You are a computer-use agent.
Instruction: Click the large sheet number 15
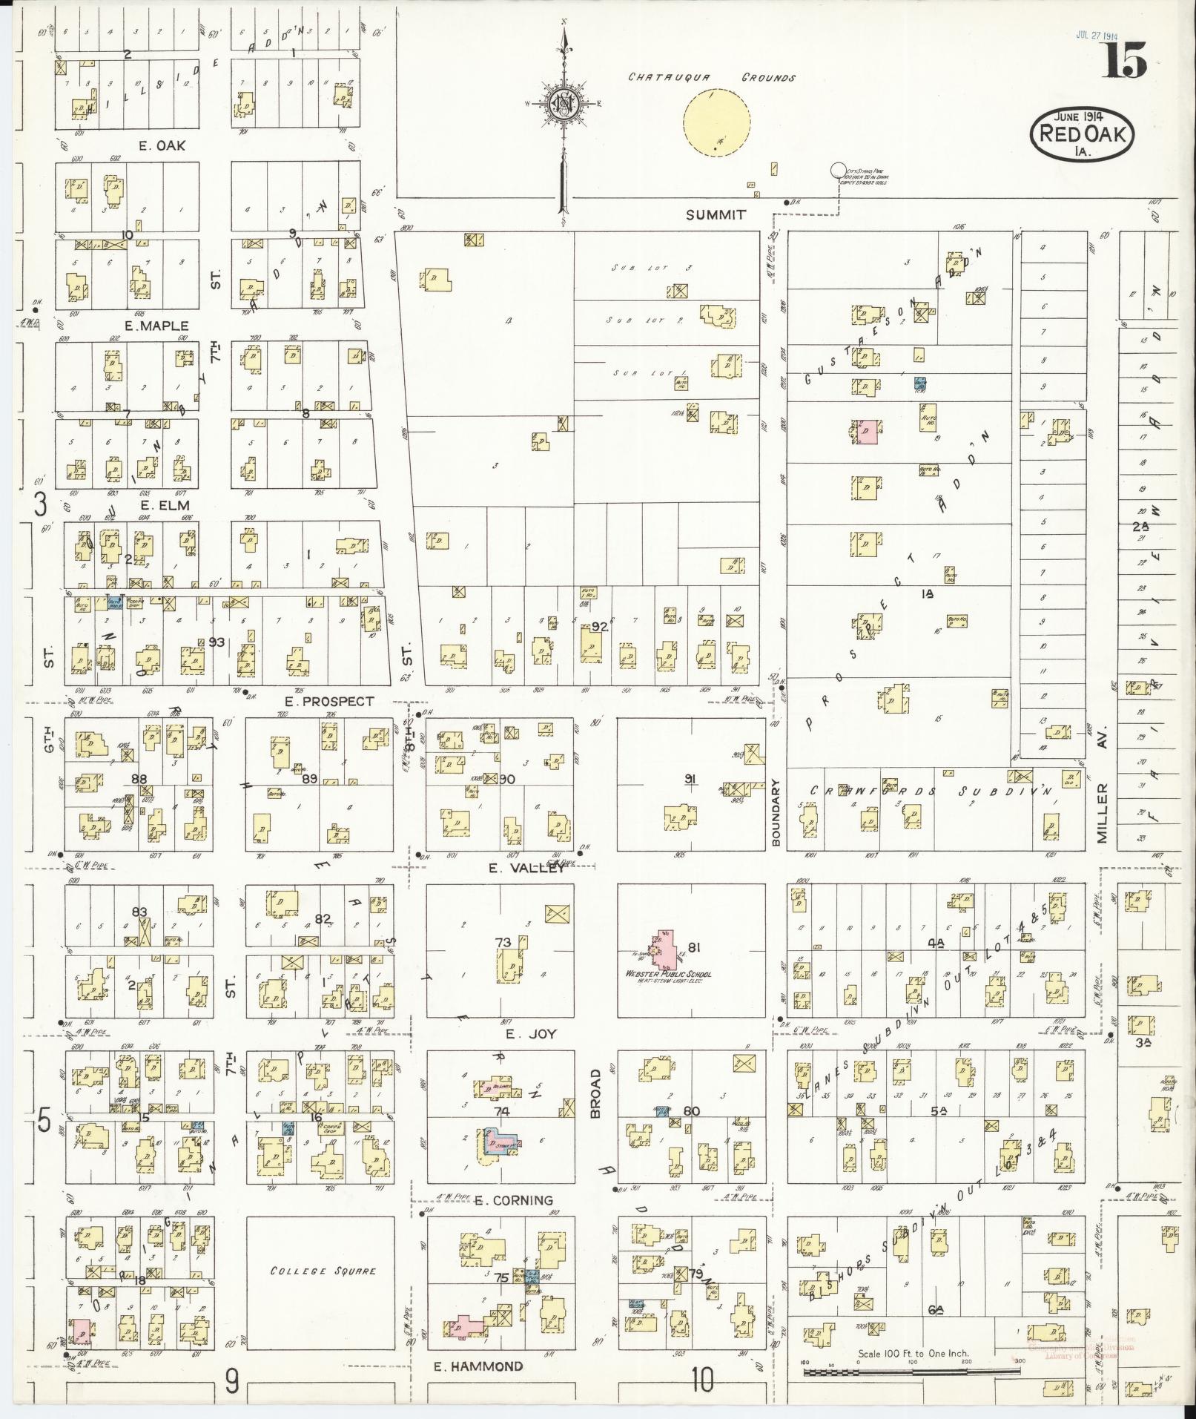click(x=1124, y=61)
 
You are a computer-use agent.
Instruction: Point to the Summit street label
click(x=715, y=214)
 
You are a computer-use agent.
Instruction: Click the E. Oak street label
click(x=162, y=145)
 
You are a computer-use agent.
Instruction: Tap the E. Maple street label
click(x=156, y=326)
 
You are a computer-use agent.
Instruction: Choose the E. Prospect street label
click(x=330, y=701)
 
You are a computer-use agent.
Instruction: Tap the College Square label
click(x=323, y=1271)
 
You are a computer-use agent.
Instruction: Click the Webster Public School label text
click(x=670, y=973)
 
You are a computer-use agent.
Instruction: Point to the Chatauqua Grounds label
click(x=712, y=77)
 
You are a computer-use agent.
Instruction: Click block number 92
click(x=599, y=627)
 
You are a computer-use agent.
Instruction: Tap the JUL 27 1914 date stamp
click(x=1097, y=35)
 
